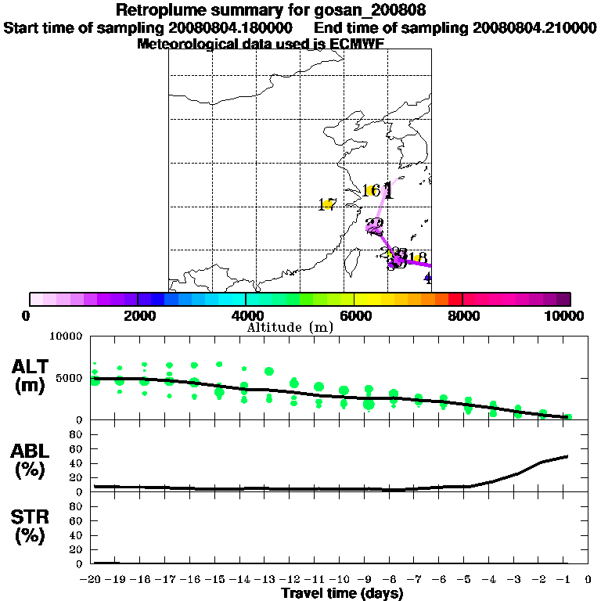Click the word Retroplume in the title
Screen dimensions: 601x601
click(x=159, y=11)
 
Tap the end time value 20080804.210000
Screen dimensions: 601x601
click(x=534, y=27)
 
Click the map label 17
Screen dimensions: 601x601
click(x=327, y=205)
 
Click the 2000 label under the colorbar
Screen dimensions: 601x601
click(x=137, y=315)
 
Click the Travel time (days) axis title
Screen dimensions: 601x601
click(x=342, y=593)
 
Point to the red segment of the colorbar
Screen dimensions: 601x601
click(x=455, y=299)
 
